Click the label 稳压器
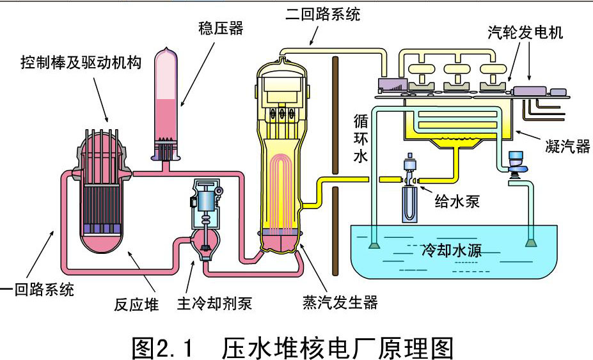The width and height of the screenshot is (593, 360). tap(221, 27)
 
